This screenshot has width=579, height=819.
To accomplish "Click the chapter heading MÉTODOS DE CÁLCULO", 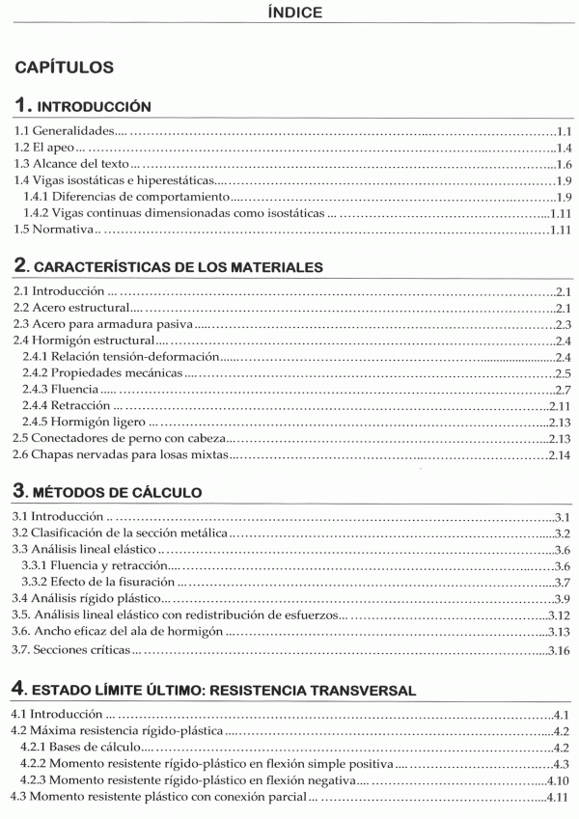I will click(121, 492).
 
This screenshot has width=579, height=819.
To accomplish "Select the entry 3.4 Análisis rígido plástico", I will click(76, 599).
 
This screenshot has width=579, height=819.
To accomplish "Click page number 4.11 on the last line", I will click(558, 797).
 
